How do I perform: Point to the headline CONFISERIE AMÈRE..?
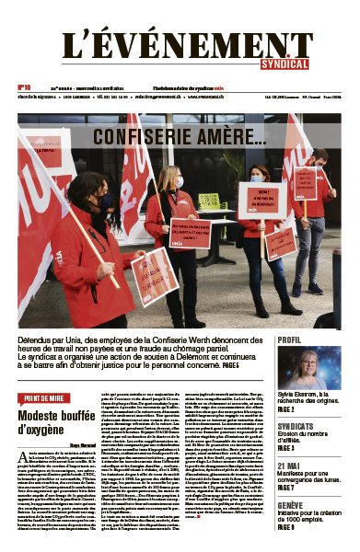180,141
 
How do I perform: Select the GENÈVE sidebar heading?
293,504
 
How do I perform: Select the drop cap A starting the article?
22,431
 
